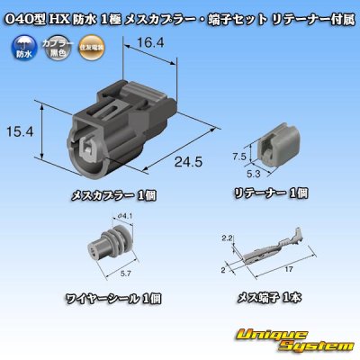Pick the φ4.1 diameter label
point(125,217)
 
